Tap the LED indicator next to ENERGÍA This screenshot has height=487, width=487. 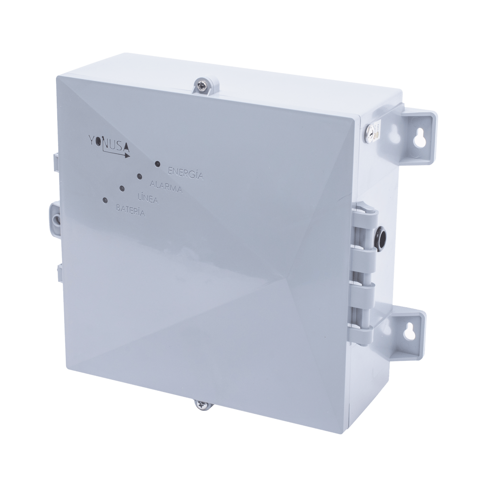[158, 164]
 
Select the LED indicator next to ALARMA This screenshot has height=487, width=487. [139, 176]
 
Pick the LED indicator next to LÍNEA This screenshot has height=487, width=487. [122, 188]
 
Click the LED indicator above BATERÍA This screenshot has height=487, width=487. [106, 200]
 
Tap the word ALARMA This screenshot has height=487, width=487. [166, 187]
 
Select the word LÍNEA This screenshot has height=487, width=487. [148, 198]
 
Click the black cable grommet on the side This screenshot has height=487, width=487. [382, 234]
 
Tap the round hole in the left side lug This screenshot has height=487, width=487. [55, 219]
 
